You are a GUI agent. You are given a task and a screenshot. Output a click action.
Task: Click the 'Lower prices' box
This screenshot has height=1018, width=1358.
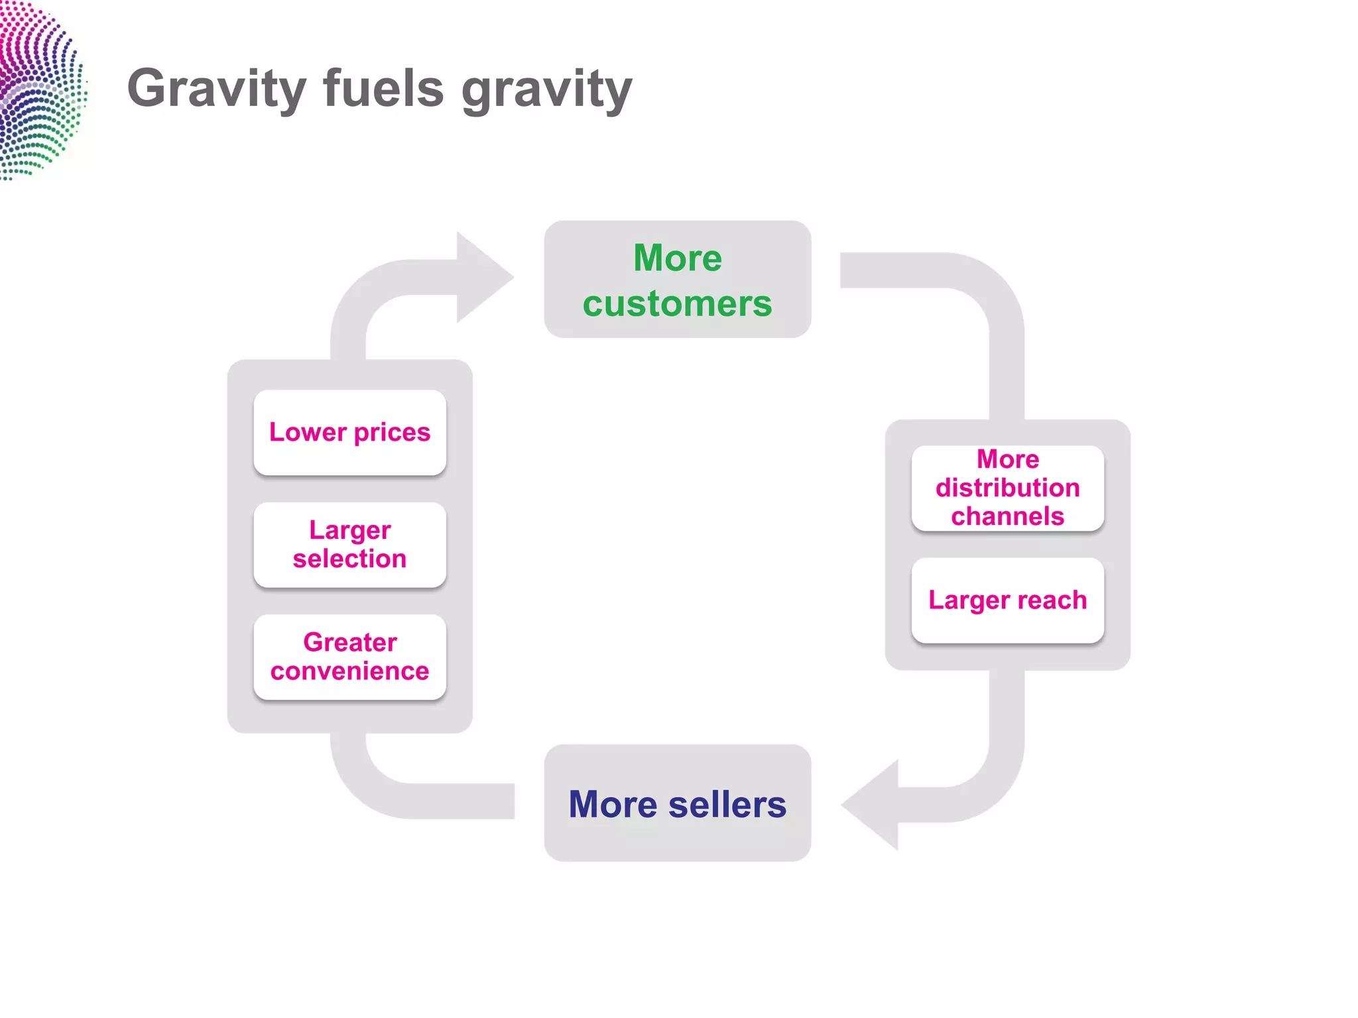click(349, 432)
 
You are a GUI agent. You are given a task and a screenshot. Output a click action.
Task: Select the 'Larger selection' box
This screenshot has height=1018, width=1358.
click(349, 544)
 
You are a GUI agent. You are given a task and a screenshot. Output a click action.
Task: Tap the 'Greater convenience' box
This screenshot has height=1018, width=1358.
click(349, 657)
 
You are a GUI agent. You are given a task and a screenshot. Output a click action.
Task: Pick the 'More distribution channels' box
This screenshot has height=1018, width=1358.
click(1007, 488)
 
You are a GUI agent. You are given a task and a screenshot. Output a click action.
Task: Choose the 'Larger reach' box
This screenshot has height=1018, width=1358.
click(1007, 600)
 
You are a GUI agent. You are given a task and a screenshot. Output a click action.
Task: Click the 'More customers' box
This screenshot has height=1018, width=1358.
click(677, 279)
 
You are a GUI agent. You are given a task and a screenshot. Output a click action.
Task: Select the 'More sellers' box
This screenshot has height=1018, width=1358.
click(677, 803)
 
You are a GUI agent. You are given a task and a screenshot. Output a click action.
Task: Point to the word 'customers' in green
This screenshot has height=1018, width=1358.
click(677, 304)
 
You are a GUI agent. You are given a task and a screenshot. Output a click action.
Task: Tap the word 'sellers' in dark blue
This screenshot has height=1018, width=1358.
click(727, 804)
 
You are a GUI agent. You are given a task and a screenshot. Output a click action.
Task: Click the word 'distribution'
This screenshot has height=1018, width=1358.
click(1007, 488)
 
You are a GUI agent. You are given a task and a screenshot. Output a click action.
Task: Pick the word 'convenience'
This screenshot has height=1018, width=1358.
click(349, 671)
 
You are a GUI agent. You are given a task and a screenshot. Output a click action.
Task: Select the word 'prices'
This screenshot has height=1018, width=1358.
click(392, 433)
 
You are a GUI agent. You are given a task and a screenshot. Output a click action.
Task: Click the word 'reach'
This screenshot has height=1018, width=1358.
click(1052, 600)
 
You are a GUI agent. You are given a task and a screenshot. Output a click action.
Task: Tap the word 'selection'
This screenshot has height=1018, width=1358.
click(349, 559)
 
